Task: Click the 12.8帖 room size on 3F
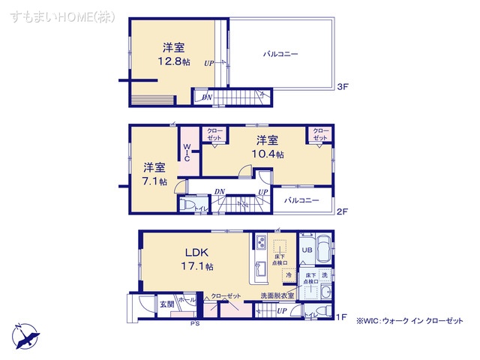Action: [x=172, y=62]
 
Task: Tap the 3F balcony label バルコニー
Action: [x=280, y=55]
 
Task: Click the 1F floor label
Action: [x=342, y=317]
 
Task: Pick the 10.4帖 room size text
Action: [x=268, y=154]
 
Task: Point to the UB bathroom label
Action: [x=306, y=249]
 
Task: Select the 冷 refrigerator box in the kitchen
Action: [x=289, y=276]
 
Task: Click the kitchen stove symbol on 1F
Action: [x=259, y=243]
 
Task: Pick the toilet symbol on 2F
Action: [x=188, y=204]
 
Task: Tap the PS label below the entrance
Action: [x=194, y=324]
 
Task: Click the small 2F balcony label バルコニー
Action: [x=301, y=200]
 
